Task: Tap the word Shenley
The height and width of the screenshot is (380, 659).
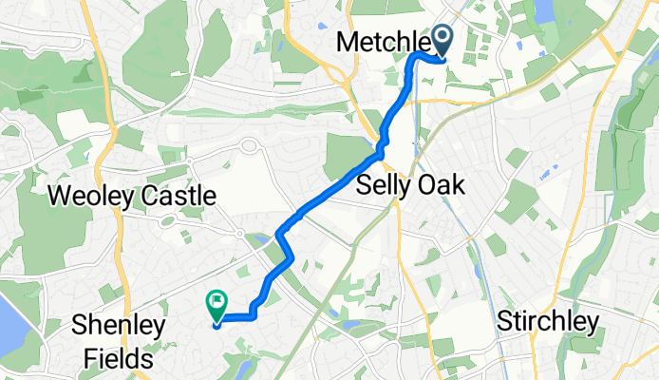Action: click(118, 326)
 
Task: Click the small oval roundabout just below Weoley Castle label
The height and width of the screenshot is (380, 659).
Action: click(170, 220)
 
